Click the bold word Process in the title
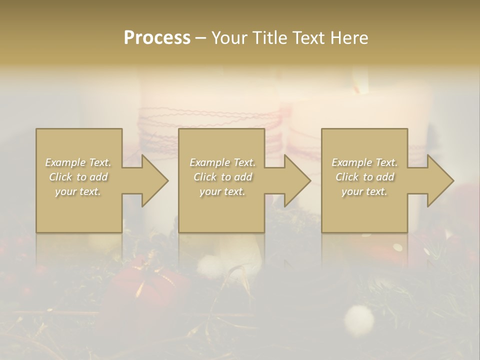pos(157,38)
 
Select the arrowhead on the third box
pos(439,180)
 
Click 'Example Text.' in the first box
pos(78,162)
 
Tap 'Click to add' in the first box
pos(78,177)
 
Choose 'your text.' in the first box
pos(78,191)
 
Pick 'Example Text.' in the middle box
pos(222,162)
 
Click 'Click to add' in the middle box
pos(222,177)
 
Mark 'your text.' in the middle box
pos(222,191)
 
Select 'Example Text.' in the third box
pos(364,162)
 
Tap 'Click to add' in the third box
pos(364,177)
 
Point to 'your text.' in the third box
pos(364,191)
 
